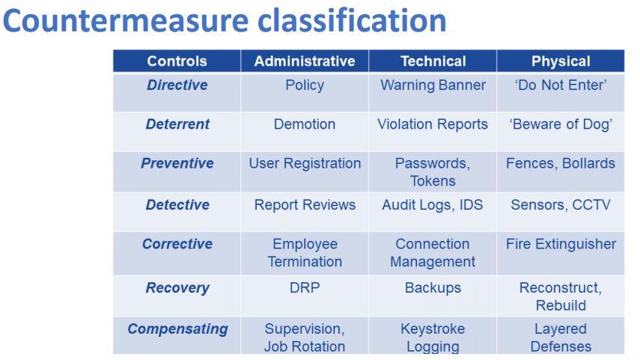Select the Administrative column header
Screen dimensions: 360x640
305,61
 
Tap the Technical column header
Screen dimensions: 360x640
433,61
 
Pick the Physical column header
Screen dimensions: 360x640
561,61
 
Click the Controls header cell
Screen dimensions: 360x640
177,61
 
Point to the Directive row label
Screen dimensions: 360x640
177,85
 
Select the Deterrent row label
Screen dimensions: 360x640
177,124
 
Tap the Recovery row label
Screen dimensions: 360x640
177,288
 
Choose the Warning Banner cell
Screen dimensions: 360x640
433,85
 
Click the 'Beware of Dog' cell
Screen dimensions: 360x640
561,124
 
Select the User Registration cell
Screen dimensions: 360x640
305,163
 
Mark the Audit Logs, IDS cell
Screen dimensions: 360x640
433,205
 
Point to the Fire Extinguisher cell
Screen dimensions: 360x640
561,245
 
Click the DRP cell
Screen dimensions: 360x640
305,288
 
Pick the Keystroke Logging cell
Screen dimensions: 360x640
433,338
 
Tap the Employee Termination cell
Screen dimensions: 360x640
305,253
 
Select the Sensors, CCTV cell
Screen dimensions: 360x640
561,205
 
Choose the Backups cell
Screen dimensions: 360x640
433,288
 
